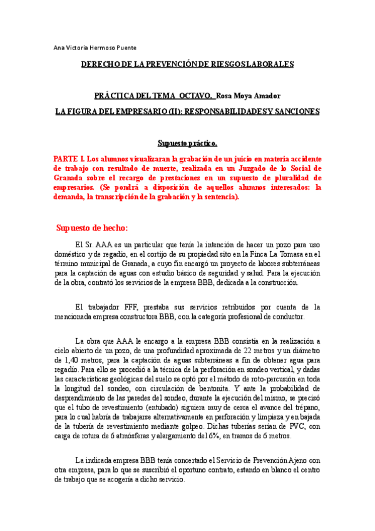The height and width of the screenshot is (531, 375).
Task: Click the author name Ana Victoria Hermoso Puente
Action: click(x=95, y=48)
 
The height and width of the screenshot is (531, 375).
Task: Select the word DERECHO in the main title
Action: click(x=103, y=64)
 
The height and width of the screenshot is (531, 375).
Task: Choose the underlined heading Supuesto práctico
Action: click(x=187, y=143)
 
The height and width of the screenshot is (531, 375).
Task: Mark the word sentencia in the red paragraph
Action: click(x=220, y=196)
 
